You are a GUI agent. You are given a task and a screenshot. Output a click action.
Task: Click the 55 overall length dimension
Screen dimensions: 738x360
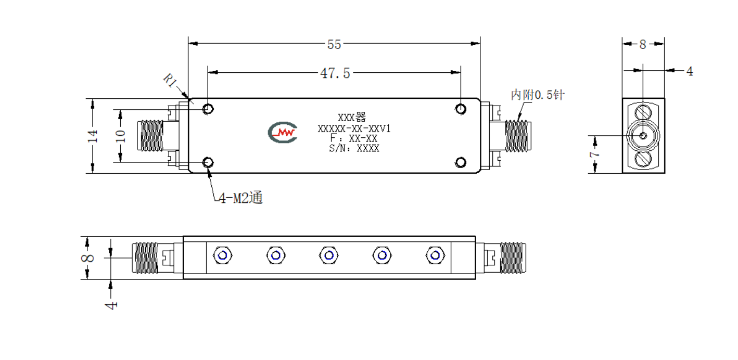click(x=334, y=44)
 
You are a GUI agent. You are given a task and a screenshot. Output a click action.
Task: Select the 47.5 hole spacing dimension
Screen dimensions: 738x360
click(x=335, y=73)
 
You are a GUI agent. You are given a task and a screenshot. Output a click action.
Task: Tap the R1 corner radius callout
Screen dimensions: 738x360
click(x=170, y=80)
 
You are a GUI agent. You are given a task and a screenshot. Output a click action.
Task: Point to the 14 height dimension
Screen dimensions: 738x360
click(x=93, y=136)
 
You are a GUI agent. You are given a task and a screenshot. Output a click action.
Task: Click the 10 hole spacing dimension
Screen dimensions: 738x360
click(x=121, y=136)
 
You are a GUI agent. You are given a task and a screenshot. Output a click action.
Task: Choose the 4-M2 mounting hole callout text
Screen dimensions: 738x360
click(x=241, y=198)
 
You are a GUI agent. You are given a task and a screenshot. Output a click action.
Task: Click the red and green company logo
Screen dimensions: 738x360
click(x=283, y=132)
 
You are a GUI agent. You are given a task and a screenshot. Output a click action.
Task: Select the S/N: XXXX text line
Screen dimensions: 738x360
click(x=354, y=148)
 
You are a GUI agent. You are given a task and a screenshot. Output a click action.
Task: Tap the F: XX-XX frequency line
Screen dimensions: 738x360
click(x=354, y=138)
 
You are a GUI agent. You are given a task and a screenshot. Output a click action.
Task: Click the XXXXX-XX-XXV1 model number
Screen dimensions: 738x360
click(x=354, y=128)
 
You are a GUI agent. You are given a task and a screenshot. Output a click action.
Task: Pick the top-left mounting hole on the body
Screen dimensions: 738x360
click(x=208, y=109)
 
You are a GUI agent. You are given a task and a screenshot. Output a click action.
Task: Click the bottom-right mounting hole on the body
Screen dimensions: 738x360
click(x=461, y=162)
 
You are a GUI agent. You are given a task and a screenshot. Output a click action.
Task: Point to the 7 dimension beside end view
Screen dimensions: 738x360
click(x=594, y=154)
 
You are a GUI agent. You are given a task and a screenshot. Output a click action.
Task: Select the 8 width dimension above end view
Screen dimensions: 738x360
click(x=642, y=44)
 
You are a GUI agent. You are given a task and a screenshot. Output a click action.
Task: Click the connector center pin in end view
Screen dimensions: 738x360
click(x=643, y=135)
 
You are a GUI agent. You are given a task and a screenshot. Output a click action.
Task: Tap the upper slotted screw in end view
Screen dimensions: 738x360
click(x=643, y=113)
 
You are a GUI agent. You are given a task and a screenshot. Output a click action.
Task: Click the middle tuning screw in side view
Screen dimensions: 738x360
click(x=329, y=255)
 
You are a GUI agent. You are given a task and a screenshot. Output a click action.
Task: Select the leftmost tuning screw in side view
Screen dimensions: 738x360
click(x=222, y=255)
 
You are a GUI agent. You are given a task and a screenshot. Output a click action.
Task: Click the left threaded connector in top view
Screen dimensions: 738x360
click(x=150, y=135)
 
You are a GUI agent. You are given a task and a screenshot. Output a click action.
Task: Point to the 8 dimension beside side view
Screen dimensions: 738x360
click(x=87, y=258)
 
